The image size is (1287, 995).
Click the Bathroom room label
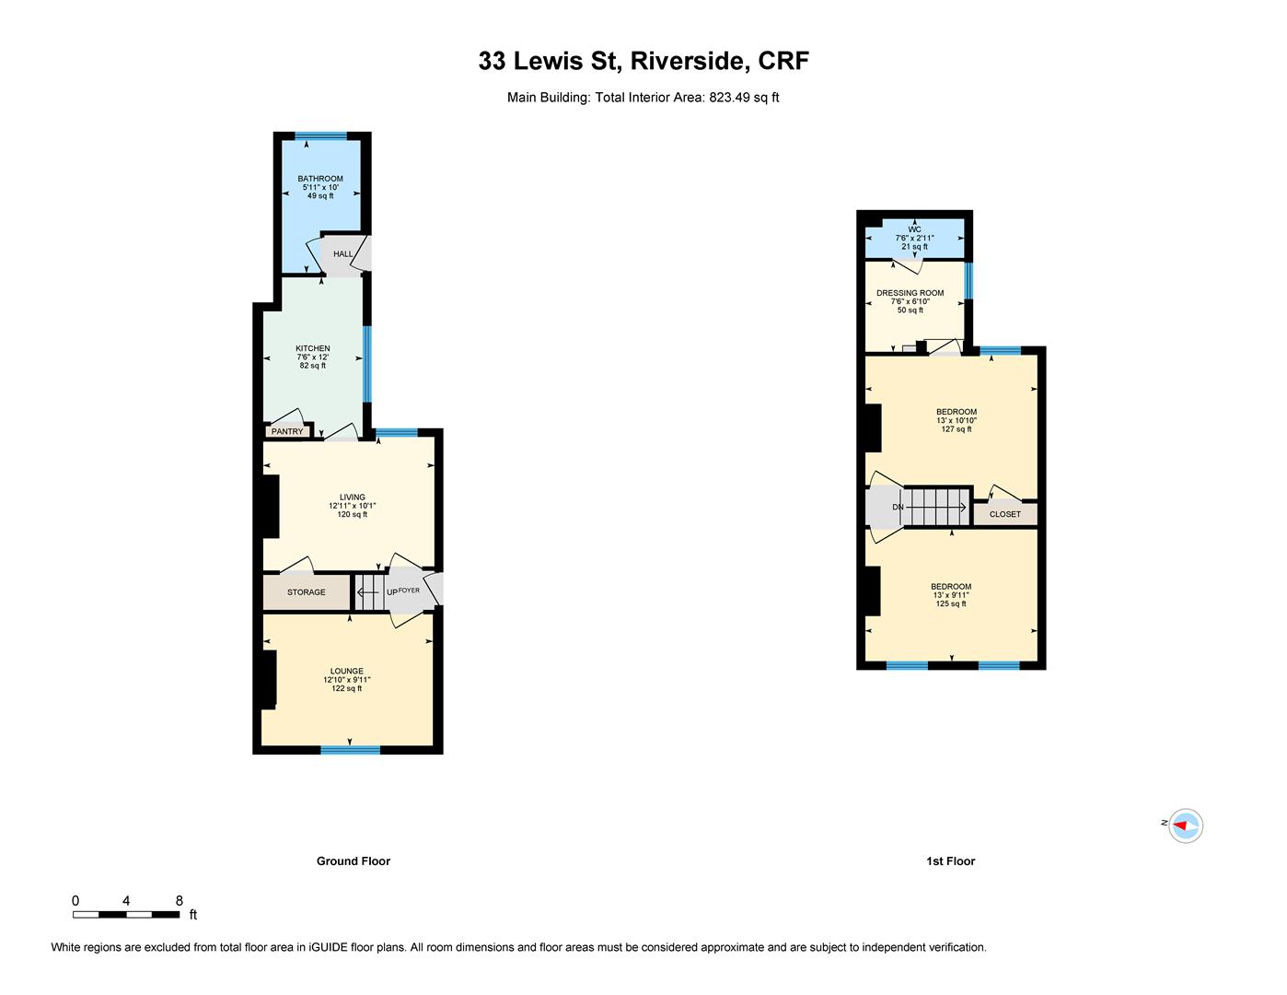(x=319, y=179)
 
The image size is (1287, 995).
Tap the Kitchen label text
(x=313, y=348)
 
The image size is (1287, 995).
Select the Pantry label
(x=287, y=431)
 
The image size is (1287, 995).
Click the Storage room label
(x=307, y=592)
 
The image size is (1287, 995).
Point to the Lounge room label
(x=346, y=671)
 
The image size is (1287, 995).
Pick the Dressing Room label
(x=910, y=293)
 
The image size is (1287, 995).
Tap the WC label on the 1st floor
(x=914, y=229)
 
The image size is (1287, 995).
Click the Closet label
(x=1004, y=514)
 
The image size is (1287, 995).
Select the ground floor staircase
(x=369, y=591)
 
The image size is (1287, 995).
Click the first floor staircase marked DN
(x=935, y=507)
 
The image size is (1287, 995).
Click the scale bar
(x=126, y=915)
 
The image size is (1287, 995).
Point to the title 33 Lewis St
(x=550, y=61)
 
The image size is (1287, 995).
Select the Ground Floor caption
(x=353, y=861)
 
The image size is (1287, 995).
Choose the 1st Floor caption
(x=951, y=861)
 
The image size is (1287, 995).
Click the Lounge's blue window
(x=350, y=750)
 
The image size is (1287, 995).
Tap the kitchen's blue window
(x=367, y=364)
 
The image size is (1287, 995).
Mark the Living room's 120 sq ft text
(x=353, y=514)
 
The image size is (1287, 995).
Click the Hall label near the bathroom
(x=342, y=253)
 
